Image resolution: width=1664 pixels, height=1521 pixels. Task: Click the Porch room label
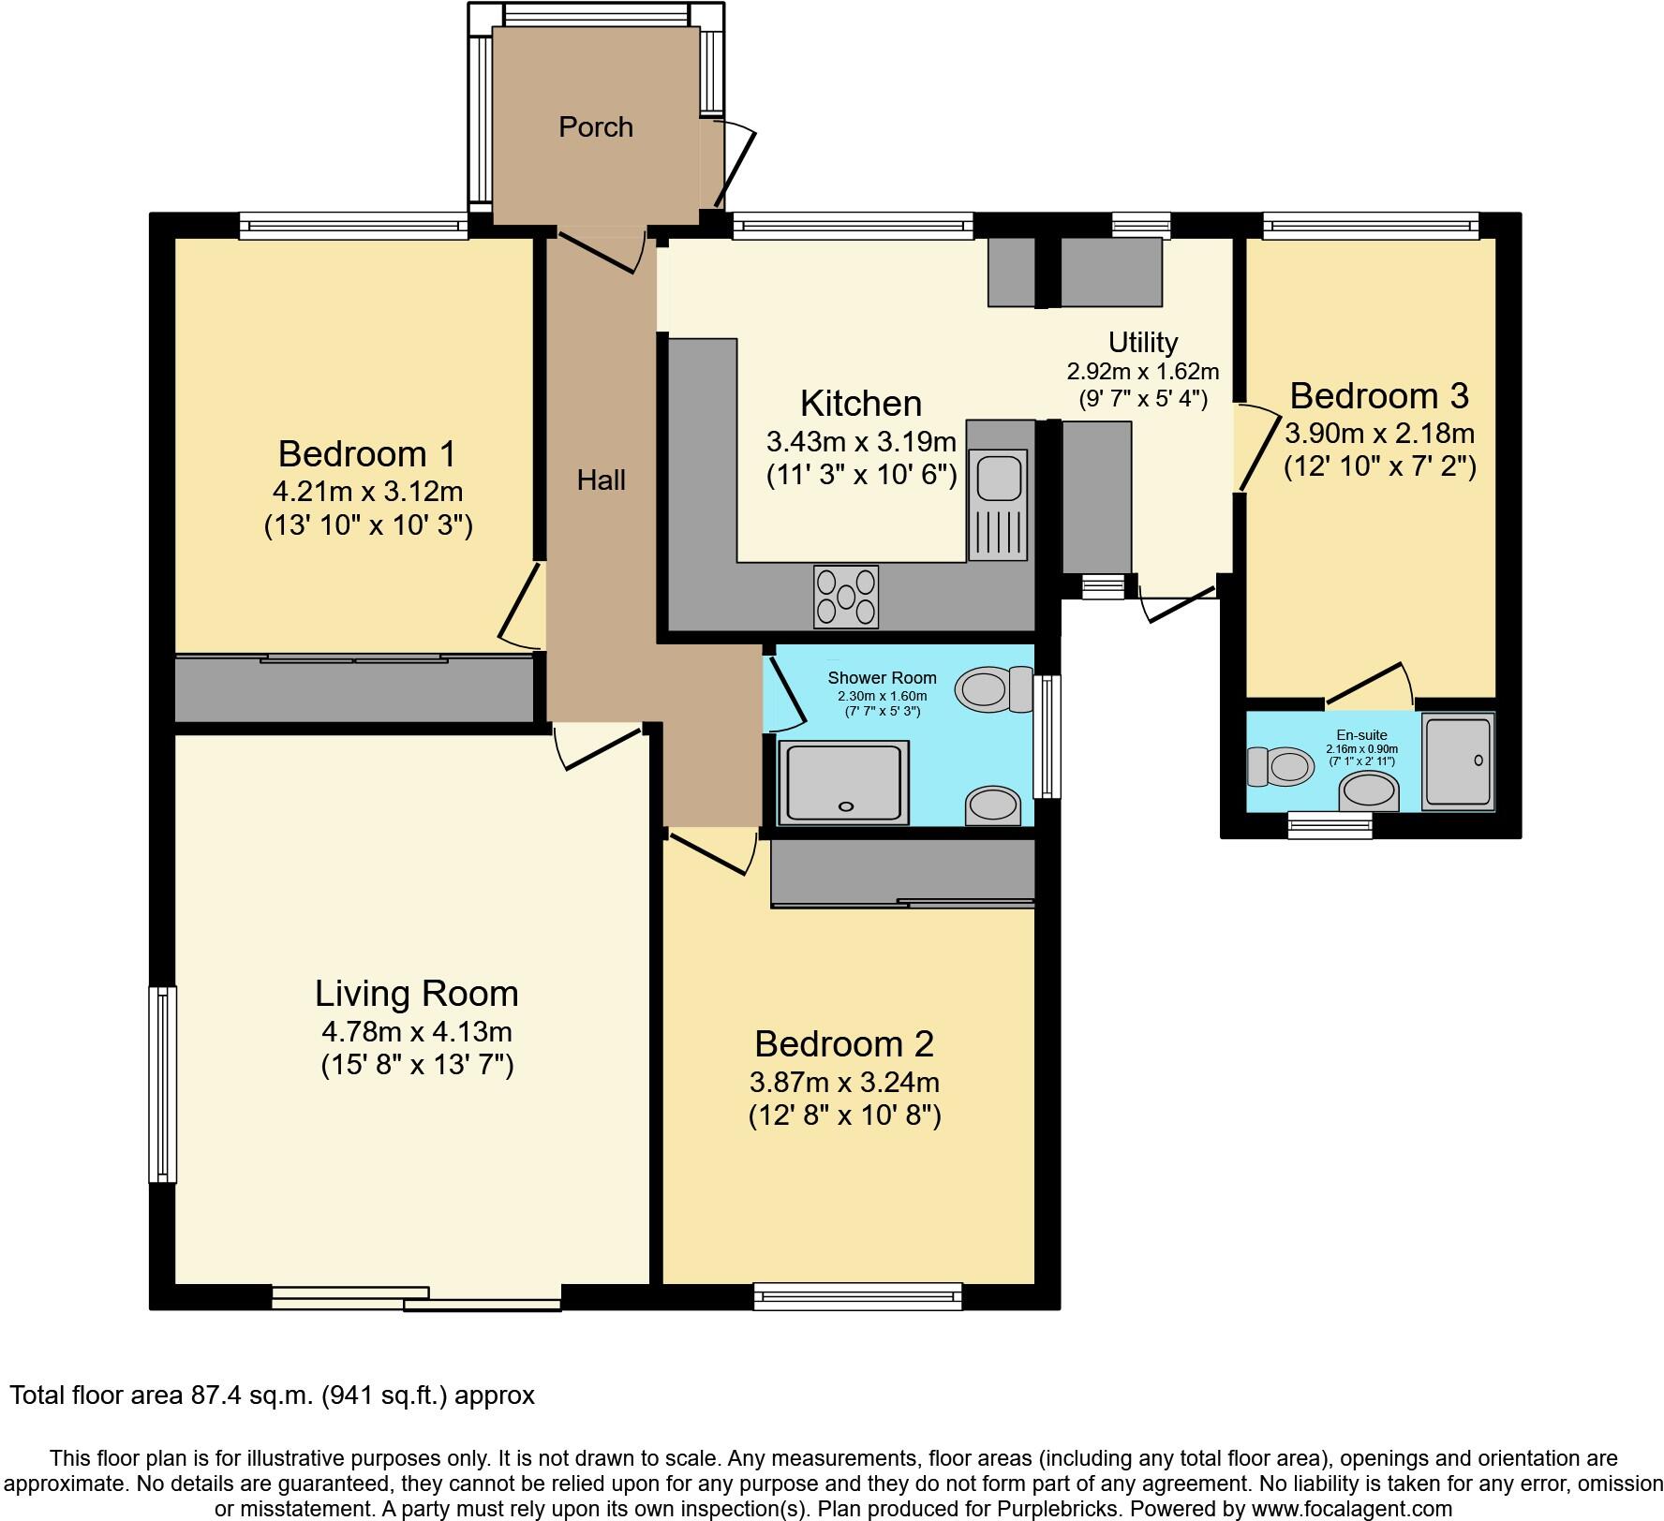click(x=596, y=126)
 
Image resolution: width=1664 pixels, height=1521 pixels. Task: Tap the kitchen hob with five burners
click(x=846, y=597)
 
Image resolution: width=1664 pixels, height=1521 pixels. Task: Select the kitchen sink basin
click(x=999, y=477)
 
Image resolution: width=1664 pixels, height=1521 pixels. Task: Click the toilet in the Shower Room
click(x=991, y=690)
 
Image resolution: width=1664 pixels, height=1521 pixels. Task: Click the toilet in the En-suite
click(x=1281, y=767)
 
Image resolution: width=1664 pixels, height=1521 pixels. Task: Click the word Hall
click(x=601, y=480)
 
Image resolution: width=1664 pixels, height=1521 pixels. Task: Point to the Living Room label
click(x=416, y=993)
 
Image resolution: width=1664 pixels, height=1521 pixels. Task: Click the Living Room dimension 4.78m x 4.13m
click(x=416, y=1031)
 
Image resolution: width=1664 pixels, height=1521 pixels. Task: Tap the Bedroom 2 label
click(x=844, y=1043)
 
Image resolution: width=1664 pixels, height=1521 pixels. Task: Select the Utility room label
click(x=1142, y=342)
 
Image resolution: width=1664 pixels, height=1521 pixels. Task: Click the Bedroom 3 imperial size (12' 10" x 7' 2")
click(x=1379, y=466)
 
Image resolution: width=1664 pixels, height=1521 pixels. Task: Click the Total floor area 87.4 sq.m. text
click(x=272, y=1395)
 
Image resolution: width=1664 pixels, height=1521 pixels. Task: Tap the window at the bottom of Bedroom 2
click(x=858, y=1296)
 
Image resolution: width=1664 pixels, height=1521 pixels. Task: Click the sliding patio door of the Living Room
click(x=416, y=1297)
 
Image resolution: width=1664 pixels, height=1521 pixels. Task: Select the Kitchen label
click(x=860, y=403)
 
